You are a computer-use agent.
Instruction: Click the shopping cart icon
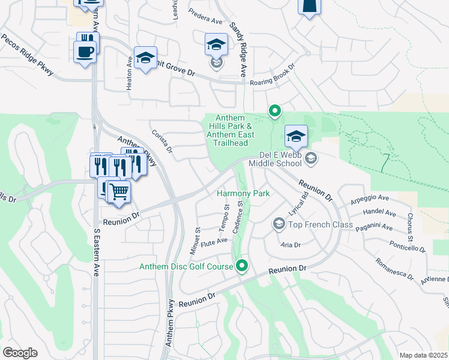coord(120,192)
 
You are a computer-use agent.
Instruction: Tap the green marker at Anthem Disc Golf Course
coord(243,265)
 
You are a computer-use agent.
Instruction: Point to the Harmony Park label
coord(243,193)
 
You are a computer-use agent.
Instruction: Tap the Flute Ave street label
coord(214,241)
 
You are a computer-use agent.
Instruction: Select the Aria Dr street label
coord(290,245)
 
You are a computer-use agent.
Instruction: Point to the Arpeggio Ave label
coord(370,197)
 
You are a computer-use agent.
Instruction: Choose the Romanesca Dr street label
coord(395,269)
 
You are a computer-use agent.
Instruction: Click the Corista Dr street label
coord(162,142)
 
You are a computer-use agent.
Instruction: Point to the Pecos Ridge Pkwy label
coord(27,56)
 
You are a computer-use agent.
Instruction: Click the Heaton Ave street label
coord(129,74)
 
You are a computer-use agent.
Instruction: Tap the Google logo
coord(20,353)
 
